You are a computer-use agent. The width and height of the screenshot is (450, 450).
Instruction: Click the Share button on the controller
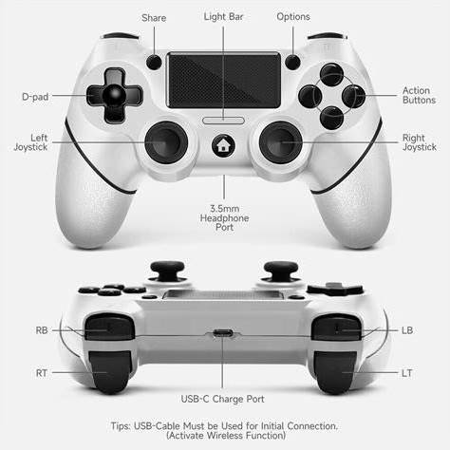tap(154, 62)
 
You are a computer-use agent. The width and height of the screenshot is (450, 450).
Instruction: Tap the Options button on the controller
tap(292, 62)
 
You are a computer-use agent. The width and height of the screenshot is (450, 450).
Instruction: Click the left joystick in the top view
tap(166, 142)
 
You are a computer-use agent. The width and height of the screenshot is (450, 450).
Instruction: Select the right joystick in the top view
tap(281, 142)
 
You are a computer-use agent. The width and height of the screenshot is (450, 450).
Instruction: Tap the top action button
tap(331, 74)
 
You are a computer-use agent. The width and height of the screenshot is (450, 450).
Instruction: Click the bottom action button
tap(331, 118)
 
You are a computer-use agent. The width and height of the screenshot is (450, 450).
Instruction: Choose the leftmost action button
tap(310, 96)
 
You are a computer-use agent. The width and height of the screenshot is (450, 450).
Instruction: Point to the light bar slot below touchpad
tap(223, 121)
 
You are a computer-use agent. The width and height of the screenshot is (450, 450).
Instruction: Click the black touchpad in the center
tap(224, 81)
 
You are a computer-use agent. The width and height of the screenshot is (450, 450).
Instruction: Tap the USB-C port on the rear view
tap(223, 333)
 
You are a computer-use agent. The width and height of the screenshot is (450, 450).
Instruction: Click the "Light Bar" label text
tap(223, 17)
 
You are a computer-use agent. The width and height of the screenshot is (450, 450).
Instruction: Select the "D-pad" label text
tap(35, 97)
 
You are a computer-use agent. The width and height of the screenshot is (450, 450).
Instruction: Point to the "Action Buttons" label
tap(419, 95)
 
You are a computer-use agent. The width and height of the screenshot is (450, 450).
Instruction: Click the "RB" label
tap(42, 330)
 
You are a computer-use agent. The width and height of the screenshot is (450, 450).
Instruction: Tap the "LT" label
tap(407, 373)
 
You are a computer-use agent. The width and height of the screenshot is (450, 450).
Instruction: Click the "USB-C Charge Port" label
tap(222, 399)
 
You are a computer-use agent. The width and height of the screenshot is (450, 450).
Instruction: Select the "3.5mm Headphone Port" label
tap(224, 217)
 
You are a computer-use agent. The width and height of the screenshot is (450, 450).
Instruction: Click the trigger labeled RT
tap(110, 372)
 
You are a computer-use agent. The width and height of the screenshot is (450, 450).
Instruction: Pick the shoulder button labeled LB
tap(336, 328)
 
